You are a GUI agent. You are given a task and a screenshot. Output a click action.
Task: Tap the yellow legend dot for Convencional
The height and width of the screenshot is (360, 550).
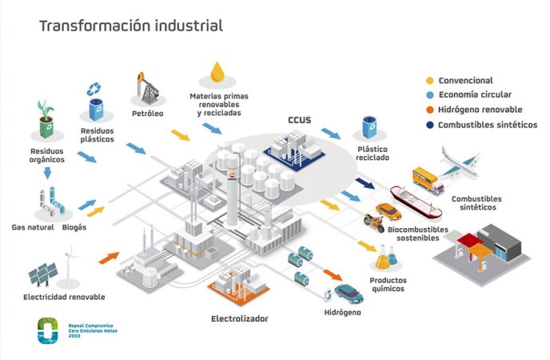click(431, 81)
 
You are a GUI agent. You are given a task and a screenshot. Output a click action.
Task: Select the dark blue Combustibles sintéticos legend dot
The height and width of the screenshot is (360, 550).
click(431, 125)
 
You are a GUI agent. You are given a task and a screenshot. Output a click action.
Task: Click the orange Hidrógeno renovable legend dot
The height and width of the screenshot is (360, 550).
click(431, 110)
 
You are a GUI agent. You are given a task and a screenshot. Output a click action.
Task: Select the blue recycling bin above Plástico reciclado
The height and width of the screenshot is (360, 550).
click(371, 128)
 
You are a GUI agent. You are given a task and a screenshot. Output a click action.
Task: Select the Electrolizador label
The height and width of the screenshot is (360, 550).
click(239, 318)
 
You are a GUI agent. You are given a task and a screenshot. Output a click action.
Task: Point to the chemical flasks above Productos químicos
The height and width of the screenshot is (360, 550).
click(387, 258)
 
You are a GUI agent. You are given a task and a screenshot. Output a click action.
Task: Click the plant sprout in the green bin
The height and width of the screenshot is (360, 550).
click(46, 109)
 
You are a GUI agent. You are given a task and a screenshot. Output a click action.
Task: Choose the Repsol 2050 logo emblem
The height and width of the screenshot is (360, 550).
click(48, 330)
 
